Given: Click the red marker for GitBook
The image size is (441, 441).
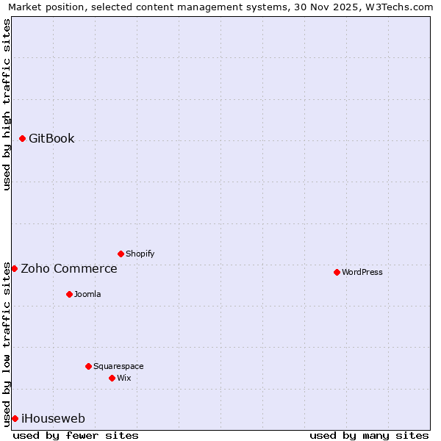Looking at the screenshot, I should [22, 138].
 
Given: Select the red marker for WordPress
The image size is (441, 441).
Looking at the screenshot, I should [337, 272].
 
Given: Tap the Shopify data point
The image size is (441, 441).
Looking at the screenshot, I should [121, 254].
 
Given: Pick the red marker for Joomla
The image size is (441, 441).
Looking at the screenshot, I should [69, 294].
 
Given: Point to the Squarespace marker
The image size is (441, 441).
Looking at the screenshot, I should [88, 366].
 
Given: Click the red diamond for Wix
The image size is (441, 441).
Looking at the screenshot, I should [112, 378].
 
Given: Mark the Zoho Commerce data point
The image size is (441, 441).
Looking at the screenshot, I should [14, 268].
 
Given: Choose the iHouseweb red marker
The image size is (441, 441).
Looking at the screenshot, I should [15, 418].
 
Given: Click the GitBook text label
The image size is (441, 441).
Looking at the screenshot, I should [51, 138].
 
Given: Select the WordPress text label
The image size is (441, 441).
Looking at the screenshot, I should [362, 272].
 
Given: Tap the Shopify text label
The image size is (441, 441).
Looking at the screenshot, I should [140, 254].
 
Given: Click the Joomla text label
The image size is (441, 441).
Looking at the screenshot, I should [87, 294].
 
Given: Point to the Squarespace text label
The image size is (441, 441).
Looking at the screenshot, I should [118, 366].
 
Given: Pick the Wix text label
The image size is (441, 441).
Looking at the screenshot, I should [124, 378].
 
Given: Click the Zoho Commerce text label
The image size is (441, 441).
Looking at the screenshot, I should [69, 268].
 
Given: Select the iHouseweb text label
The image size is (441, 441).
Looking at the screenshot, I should [53, 419].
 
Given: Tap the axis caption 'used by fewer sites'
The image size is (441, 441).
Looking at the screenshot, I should [76, 435].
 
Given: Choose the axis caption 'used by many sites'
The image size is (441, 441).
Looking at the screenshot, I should [369, 435].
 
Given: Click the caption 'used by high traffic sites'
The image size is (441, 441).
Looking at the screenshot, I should [7, 104].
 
